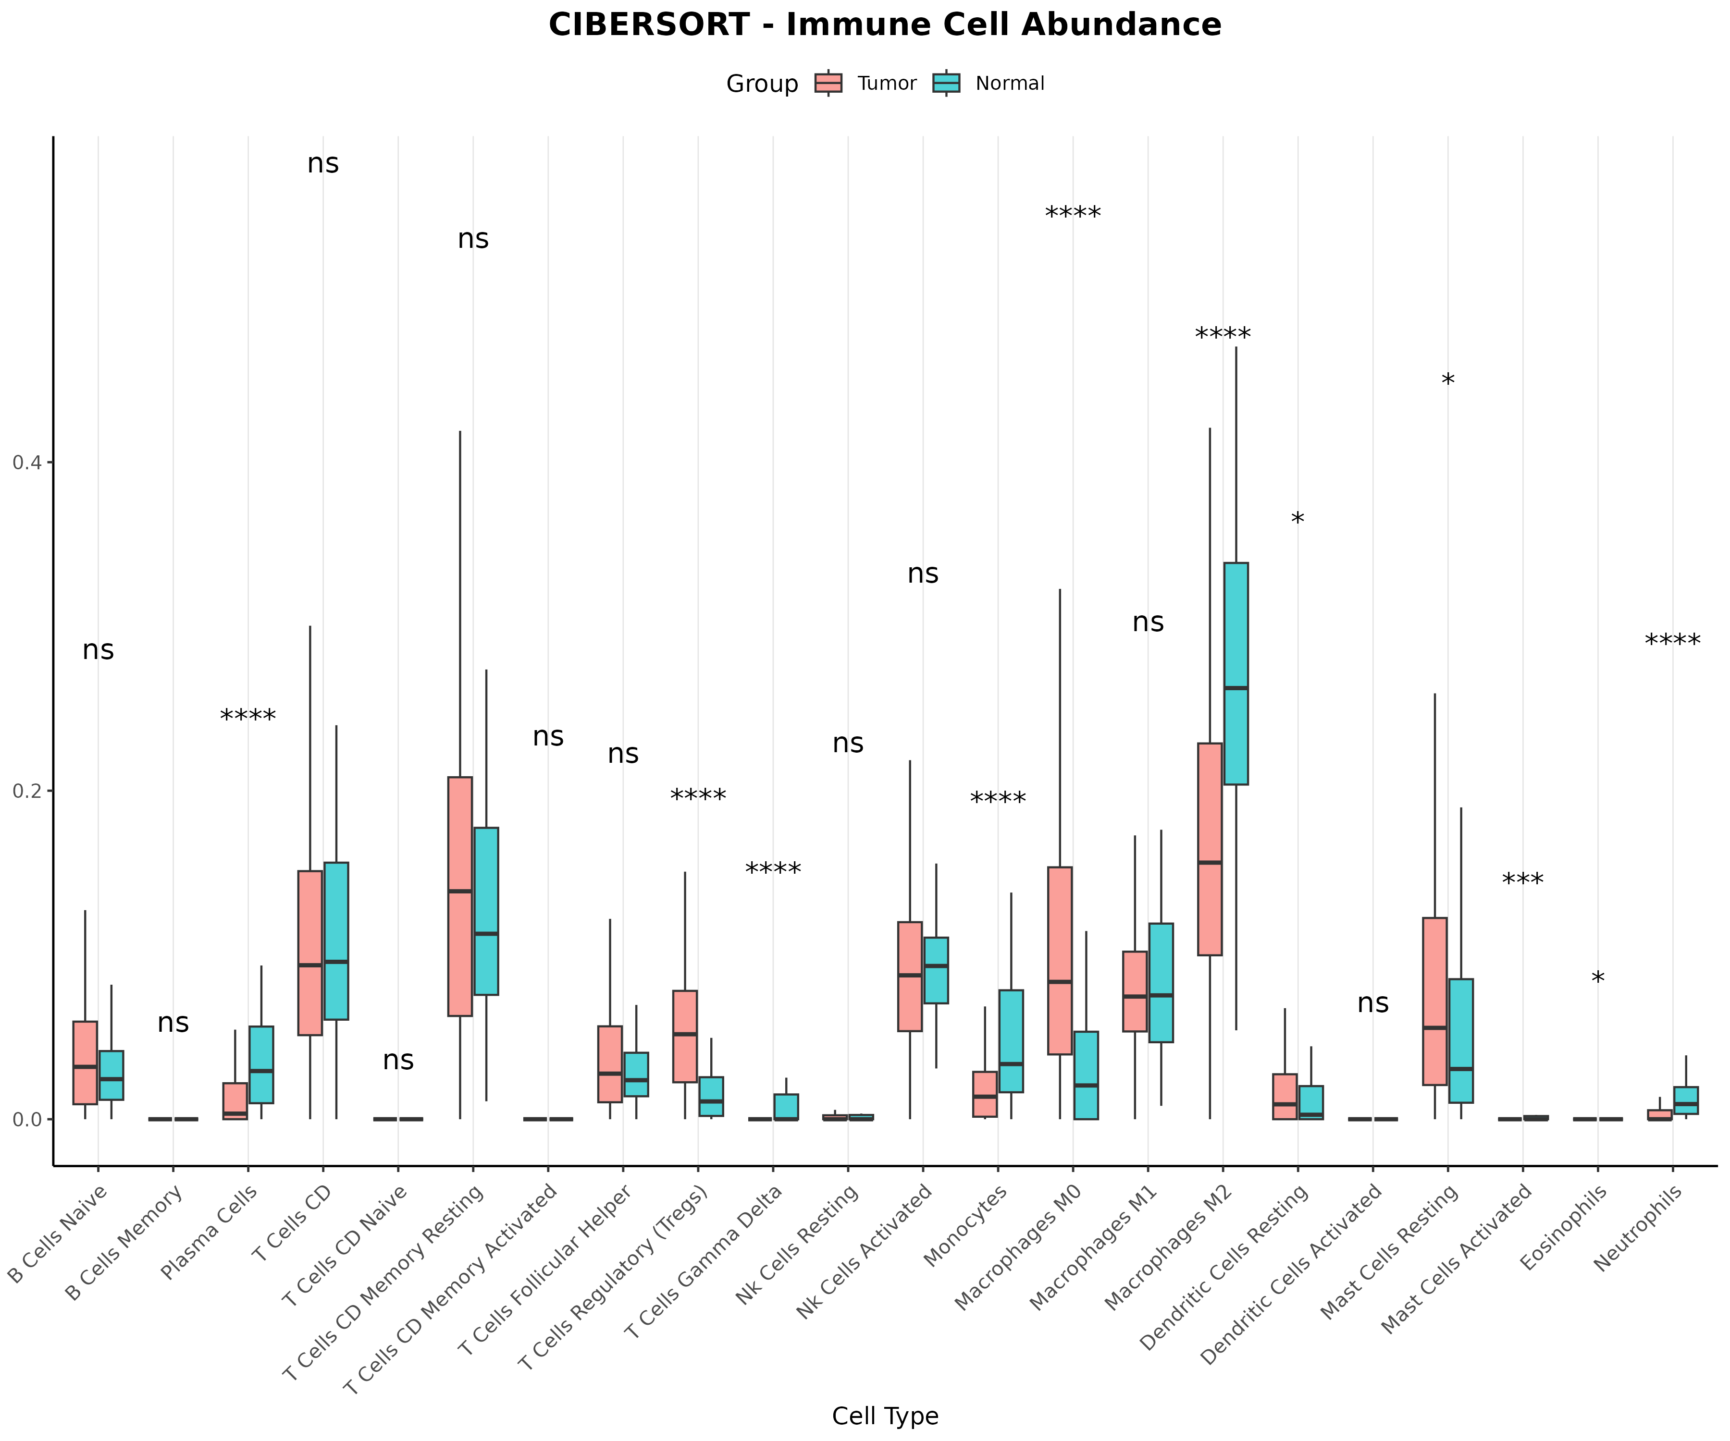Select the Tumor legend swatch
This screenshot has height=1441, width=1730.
coord(828,83)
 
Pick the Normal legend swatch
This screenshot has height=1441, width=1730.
coord(947,83)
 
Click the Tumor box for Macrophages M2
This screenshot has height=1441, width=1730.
coord(1210,849)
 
